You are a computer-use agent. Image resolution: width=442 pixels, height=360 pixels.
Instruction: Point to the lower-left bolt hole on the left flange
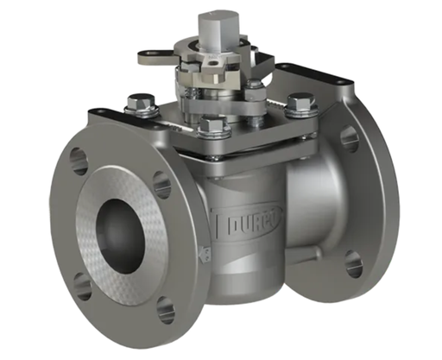[82, 285]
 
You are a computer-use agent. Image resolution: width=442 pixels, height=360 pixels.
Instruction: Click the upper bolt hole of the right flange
[349, 137]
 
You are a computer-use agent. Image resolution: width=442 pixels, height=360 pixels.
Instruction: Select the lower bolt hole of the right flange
[353, 263]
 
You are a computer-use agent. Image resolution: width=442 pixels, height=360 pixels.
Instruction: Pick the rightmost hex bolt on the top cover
[300, 104]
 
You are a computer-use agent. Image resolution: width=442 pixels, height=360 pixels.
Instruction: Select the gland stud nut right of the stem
[256, 86]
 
